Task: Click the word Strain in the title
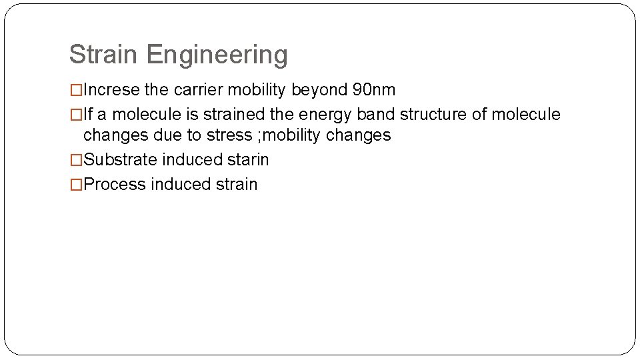pyautogui.click(x=105, y=55)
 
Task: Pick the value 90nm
pyautogui.click(x=373, y=89)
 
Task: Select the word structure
pyautogui.click(x=433, y=114)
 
